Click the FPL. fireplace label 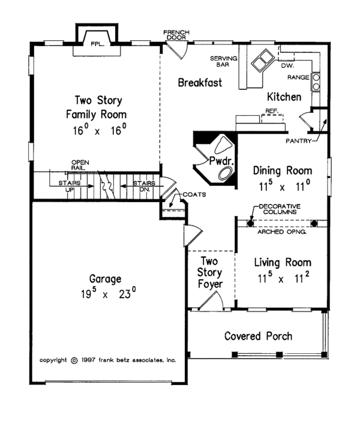pos(98,44)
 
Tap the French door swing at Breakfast pos(178,50)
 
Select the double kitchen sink pos(262,61)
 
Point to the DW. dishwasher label pos(287,66)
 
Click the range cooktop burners pos(316,82)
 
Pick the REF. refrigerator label pos(272,111)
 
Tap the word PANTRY pos(298,141)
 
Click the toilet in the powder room pos(223,144)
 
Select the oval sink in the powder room pos(226,173)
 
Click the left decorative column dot pos(250,223)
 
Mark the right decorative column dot pos(314,223)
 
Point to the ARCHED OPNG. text pos(282,231)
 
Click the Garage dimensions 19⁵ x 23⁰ pos(109,293)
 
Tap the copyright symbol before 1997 pos(74,360)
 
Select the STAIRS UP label pos(70,186)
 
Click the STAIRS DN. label pos(144,186)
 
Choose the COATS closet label pos(194,194)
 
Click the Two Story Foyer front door pos(211,300)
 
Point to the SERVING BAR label pos(224,61)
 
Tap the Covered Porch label pos(258,336)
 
